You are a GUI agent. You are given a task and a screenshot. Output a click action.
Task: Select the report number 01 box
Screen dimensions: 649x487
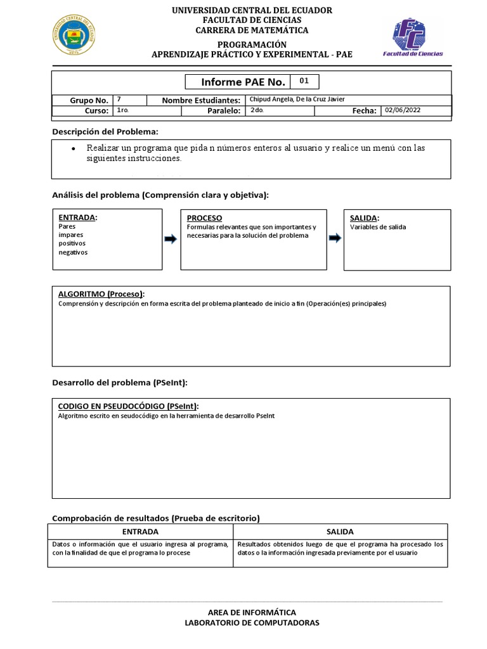(x=304, y=82)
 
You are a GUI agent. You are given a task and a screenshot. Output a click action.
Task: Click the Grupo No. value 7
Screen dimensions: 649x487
(x=119, y=100)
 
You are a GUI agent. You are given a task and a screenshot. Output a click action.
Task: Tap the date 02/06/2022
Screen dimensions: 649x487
(x=403, y=110)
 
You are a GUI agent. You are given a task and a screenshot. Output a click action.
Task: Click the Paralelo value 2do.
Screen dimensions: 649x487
(x=257, y=110)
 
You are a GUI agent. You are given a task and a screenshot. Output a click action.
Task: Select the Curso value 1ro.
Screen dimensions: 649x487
(x=123, y=110)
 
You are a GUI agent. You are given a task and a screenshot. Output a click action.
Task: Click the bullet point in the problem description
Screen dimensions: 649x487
(x=74, y=148)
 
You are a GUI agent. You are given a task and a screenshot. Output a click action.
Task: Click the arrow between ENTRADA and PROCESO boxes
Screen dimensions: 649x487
(x=171, y=239)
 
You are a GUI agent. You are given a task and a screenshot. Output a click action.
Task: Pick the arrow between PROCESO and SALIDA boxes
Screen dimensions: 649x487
(x=334, y=238)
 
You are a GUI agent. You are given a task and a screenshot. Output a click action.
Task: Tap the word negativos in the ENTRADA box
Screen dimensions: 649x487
(x=73, y=252)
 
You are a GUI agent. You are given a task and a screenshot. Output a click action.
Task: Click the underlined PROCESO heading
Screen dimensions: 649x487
(x=204, y=217)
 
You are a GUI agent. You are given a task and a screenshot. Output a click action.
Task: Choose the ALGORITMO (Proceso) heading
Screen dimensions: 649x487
(x=101, y=294)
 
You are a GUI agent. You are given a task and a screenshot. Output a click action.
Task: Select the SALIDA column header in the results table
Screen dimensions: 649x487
(x=340, y=532)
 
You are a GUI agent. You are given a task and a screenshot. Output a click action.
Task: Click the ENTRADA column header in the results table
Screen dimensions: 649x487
(x=140, y=532)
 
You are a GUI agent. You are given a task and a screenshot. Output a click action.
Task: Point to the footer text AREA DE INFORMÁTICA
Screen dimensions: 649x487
(x=252, y=612)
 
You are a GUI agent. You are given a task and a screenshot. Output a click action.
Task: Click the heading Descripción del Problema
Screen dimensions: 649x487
(x=105, y=131)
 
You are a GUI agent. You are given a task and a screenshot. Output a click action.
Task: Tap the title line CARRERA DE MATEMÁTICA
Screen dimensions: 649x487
(x=252, y=30)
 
